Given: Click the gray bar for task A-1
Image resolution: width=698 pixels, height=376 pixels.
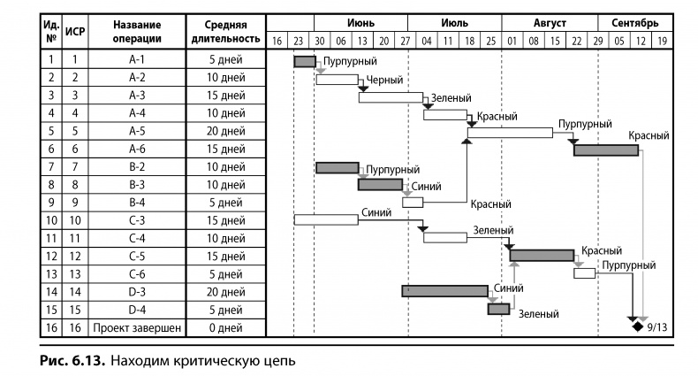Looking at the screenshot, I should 304,61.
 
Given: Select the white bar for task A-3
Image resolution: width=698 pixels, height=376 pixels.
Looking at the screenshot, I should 391,96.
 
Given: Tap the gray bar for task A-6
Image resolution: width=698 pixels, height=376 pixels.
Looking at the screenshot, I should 605,150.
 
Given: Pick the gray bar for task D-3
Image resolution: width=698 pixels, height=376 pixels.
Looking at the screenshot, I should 444,291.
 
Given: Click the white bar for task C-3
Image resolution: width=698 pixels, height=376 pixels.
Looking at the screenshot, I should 325,219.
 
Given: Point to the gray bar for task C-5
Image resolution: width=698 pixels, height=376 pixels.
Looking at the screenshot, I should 542,256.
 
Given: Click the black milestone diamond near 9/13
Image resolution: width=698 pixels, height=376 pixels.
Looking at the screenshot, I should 636,326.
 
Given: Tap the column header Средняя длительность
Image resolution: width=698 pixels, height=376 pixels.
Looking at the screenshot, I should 225,32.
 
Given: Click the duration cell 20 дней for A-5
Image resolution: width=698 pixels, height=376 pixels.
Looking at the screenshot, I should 225,132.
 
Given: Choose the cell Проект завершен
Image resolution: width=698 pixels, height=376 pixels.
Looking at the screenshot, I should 136,326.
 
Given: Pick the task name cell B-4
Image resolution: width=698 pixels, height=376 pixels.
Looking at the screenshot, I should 136,203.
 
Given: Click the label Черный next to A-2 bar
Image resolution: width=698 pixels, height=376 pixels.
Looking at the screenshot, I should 383,81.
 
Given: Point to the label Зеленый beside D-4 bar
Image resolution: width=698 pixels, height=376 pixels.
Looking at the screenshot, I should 537,312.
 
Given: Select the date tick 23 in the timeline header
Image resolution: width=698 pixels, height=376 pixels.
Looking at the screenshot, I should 298,41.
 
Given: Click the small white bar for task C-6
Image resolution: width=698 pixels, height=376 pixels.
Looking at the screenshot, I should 584,273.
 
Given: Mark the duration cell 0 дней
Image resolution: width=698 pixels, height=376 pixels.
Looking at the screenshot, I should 225,326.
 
